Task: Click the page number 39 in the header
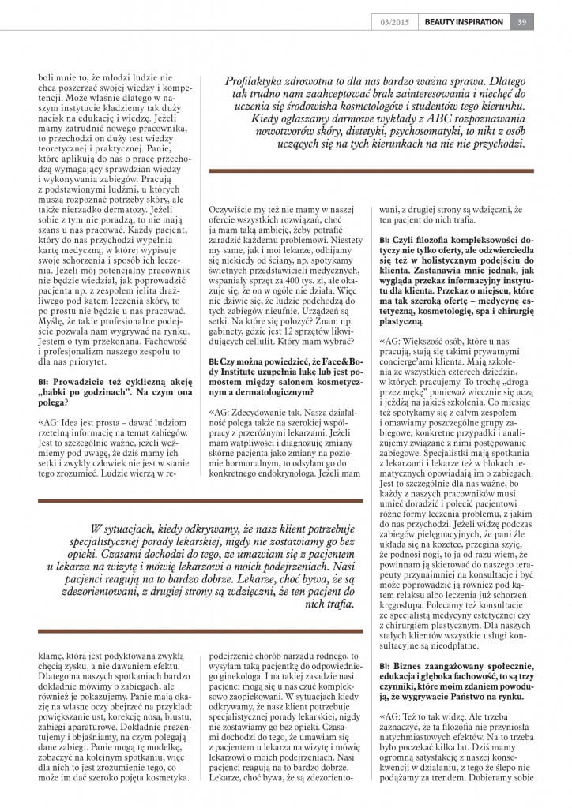click(x=521, y=21)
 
